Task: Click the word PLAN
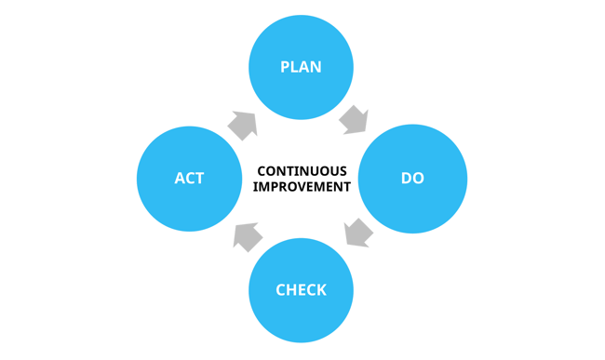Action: [x=301, y=67]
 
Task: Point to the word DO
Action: [x=412, y=178]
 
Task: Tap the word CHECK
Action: [x=301, y=290]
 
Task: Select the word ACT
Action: [x=189, y=178]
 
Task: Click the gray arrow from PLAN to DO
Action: [x=354, y=119]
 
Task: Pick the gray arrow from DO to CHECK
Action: [x=356, y=233]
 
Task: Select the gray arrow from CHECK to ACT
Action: [x=246, y=236]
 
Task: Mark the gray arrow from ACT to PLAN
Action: [x=243, y=124]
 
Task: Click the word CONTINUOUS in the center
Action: [x=302, y=171]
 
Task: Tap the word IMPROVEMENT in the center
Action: [x=302, y=186]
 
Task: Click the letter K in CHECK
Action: [x=321, y=290]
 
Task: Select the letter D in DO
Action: [x=406, y=178]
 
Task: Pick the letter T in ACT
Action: [x=199, y=178]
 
